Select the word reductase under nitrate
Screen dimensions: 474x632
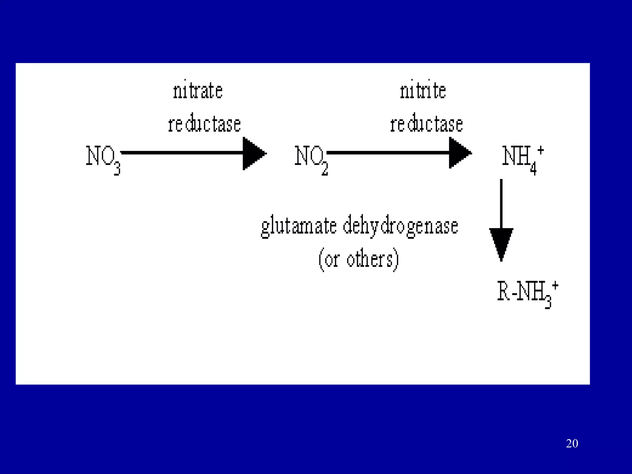[x=204, y=124]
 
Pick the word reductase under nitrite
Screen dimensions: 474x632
[x=426, y=124]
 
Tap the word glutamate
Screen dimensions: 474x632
[x=299, y=227]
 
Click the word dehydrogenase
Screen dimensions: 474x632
[x=400, y=227]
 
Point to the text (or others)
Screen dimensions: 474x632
[x=359, y=260]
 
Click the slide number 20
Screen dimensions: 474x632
[x=572, y=443]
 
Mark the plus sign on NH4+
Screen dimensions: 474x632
[x=540, y=151]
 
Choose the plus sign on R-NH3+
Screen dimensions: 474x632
[x=555, y=285]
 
